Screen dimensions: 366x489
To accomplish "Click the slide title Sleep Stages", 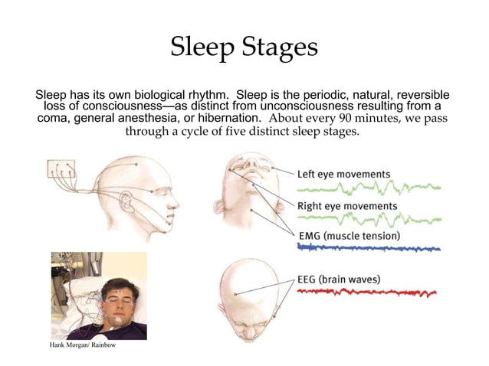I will tap(244, 47).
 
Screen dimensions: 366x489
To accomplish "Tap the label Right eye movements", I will tap(346, 206).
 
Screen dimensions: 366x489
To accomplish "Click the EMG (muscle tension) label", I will tap(349, 236).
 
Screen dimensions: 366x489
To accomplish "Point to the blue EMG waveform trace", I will tap(368, 248).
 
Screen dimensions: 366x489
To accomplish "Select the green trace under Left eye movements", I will tap(368, 187).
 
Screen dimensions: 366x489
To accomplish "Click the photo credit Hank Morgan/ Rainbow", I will tap(83, 346).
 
